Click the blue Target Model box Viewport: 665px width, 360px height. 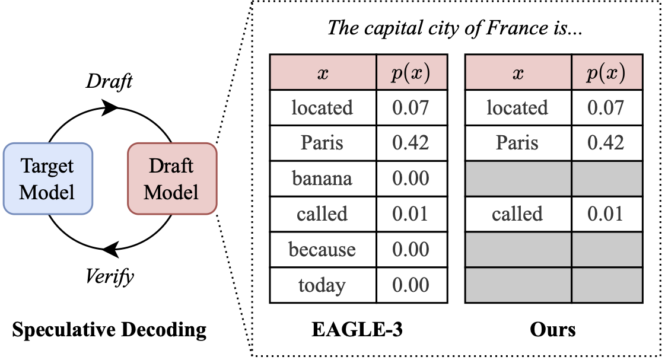pyautogui.click(x=48, y=179)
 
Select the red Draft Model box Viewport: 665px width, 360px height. pyautogui.click(x=172, y=179)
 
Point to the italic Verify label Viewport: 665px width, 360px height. pyautogui.click(x=110, y=276)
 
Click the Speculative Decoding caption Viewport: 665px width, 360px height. pyautogui.click(x=109, y=329)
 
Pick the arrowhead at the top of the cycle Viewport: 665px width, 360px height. pyautogui.click(x=110, y=108)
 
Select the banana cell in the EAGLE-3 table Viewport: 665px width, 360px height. pyautogui.click(x=323, y=179)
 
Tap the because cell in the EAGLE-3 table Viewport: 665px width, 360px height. pyautogui.click(x=323, y=250)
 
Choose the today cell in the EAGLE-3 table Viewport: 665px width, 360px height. pyautogui.click(x=323, y=285)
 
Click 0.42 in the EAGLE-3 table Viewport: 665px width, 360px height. pyautogui.click(x=411, y=143)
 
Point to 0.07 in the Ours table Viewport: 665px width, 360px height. pyautogui.click(x=606, y=108)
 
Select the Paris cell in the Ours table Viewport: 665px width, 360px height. pyautogui.click(x=517, y=143)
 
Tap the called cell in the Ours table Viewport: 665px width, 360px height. pyautogui.click(x=517, y=214)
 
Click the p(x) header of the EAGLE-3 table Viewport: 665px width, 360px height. pyautogui.click(x=411, y=73)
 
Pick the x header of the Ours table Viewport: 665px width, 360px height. pyautogui.click(x=518, y=73)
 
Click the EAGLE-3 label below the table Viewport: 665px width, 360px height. pyautogui.click(x=357, y=329)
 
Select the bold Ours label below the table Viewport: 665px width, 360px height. pyautogui.click(x=553, y=329)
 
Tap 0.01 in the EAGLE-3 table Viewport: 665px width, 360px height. pyautogui.click(x=411, y=214)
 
